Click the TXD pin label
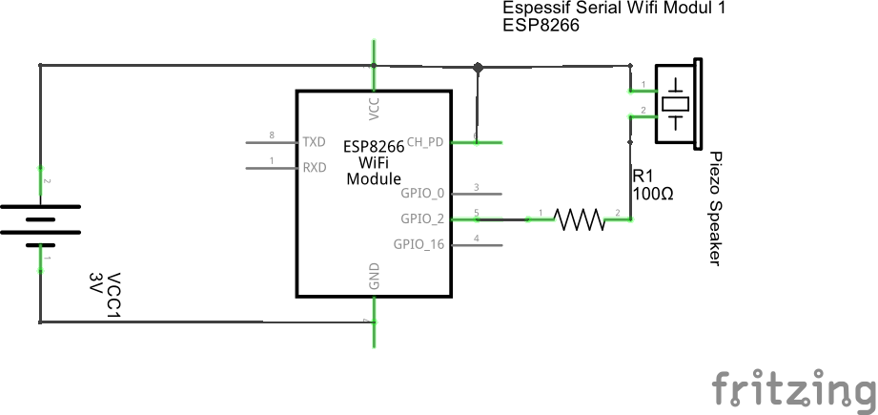(314, 142)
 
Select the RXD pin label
(314, 167)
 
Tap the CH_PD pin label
(425, 142)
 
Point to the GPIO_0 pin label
(422, 193)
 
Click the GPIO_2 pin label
(422, 218)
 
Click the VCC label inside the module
(374, 108)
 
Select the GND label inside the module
(374, 277)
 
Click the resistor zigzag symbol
(580, 220)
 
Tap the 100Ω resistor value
(653, 194)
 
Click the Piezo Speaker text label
(715, 209)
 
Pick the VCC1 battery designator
(114, 296)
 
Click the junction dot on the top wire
(479, 67)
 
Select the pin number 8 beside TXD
(273, 135)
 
